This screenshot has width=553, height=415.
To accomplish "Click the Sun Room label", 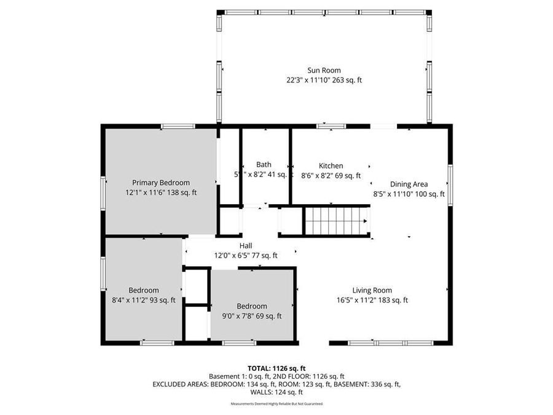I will click(x=324, y=70).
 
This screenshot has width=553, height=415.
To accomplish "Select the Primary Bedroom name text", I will click(x=161, y=183).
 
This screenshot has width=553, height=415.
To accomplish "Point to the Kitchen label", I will click(x=331, y=165).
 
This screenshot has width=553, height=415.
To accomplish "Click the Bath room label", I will click(x=264, y=164).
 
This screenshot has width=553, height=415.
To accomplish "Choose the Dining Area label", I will click(x=409, y=184).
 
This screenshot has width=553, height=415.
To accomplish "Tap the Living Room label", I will click(x=372, y=290).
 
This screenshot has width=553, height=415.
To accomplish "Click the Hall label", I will click(x=246, y=246).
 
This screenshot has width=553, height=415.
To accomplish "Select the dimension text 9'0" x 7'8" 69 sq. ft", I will click(x=252, y=316).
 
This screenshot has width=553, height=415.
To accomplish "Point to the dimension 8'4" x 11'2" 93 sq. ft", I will click(x=144, y=300).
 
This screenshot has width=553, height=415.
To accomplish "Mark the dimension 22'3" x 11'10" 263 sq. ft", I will click(x=324, y=80).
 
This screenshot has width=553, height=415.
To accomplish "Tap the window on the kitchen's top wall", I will click(x=331, y=126).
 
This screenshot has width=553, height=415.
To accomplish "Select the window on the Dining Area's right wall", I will click(x=450, y=184).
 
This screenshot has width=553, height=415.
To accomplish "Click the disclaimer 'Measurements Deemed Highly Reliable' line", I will click(x=276, y=404).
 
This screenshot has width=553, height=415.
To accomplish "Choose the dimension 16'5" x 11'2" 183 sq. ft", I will click(x=372, y=300).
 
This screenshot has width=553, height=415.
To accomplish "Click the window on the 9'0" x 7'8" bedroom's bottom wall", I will click(x=239, y=342).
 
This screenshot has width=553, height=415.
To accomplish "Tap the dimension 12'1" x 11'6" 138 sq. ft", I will click(x=161, y=192).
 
